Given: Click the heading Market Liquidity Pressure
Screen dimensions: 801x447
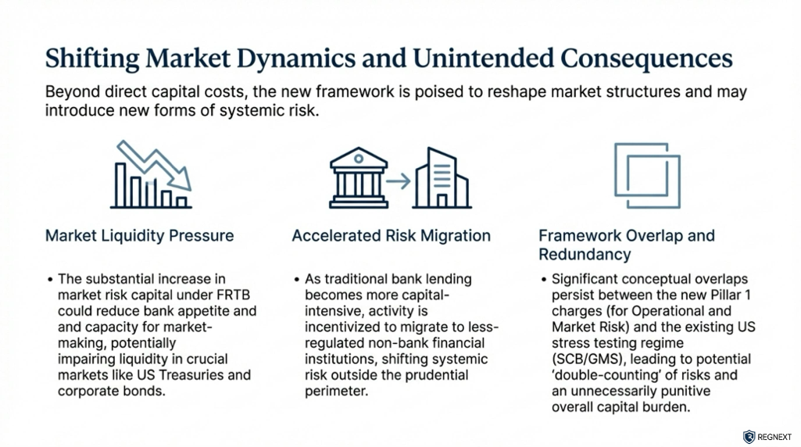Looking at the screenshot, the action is [x=139, y=235].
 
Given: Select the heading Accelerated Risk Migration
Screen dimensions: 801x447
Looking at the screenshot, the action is [x=391, y=235].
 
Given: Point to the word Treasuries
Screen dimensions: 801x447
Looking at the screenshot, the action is [x=213, y=375].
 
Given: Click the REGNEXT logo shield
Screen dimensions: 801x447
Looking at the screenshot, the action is [x=749, y=437].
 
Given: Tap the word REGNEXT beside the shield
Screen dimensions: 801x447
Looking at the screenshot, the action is [x=774, y=437].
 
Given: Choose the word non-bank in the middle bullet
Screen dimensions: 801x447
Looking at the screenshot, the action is [x=374, y=342].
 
